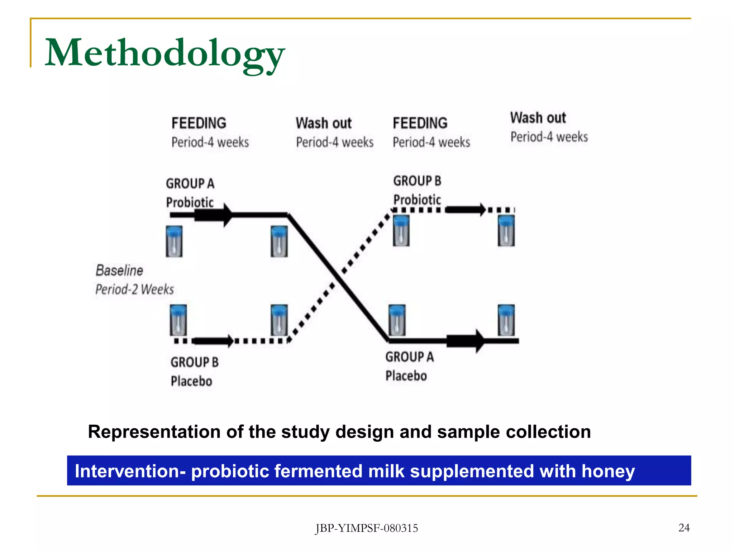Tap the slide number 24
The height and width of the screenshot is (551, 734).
pos(684,528)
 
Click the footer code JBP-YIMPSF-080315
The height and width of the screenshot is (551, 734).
pos(366,528)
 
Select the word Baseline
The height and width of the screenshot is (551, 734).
pos(119,270)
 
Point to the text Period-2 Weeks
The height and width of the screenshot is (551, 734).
pos(134,289)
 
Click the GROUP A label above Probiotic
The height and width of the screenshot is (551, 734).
pos(190,184)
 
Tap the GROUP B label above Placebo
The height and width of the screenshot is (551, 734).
pos(194,362)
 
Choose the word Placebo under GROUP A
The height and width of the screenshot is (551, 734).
pos(406,376)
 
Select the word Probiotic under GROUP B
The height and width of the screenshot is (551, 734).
pos(417,200)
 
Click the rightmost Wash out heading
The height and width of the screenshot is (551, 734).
pos(538,118)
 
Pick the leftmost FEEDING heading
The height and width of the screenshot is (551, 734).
pos(199,123)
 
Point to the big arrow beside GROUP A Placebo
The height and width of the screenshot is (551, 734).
pos(479,341)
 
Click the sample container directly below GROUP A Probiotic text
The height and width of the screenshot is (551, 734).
pos(174,241)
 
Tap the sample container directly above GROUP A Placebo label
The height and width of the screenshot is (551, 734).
pos(397,320)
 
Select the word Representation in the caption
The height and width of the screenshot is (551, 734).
pos(154,432)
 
